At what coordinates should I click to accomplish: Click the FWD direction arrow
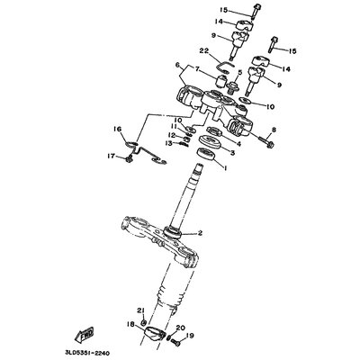[x=85, y=334]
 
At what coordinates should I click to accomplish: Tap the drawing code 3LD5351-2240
[x=87, y=353]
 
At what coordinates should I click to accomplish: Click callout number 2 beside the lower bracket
[x=200, y=233]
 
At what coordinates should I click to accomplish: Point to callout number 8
[x=274, y=130]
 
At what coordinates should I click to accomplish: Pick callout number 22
[x=211, y=51]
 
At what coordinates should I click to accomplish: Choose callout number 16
[x=118, y=130]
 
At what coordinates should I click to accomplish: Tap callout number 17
[x=112, y=156]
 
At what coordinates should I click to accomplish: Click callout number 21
[x=141, y=310]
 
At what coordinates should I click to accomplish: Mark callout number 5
[x=239, y=72]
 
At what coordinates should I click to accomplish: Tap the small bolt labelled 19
[x=175, y=343]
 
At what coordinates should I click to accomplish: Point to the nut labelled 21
[x=144, y=323]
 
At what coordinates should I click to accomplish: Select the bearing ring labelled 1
[x=207, y=155]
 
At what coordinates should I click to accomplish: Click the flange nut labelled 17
[x=130, y=159]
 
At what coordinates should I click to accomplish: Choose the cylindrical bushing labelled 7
[x=222, y=81]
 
